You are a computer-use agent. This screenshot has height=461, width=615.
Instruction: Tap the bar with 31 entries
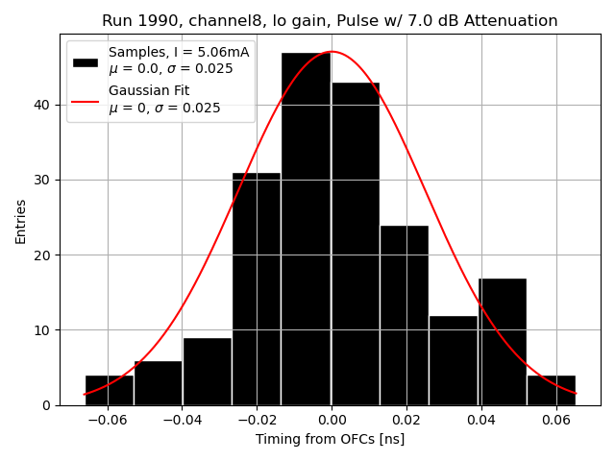[x=257, y=288]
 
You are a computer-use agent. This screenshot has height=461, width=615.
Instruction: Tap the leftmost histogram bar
[x=110, y=390]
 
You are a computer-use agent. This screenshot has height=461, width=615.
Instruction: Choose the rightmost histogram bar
[x=552, y=390]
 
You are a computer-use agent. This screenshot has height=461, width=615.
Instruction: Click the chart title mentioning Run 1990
[x=330, y=21]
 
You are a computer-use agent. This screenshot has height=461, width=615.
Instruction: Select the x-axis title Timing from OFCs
[x=330, y=439]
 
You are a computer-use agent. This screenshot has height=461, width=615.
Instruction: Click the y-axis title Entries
[x=21, y=221]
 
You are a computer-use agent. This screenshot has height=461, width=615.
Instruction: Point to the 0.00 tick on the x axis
[x=332, y=420]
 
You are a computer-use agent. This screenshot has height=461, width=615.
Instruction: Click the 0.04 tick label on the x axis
[x=481, y=420]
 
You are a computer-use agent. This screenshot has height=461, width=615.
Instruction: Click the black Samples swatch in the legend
[x=86, y=61]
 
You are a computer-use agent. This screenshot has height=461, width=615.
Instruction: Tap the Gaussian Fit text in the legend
[x=149, y=90]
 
